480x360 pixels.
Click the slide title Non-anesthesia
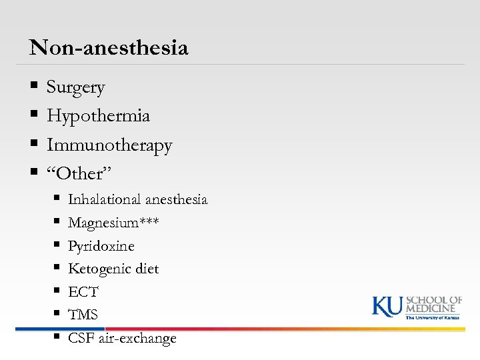(x=109, y=48)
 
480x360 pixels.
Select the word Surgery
(x=75, y=87)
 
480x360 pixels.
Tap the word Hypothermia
(x=98, y=116)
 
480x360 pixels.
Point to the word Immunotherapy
(x=109, y=145)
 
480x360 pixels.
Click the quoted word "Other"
(x=79, y=174)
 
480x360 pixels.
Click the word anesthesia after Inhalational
(x=177, y=200)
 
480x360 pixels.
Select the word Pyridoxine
(x=101, y=246)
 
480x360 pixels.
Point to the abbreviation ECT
(x=83, y=292)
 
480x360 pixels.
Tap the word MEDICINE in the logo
(x=433, y=308)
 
